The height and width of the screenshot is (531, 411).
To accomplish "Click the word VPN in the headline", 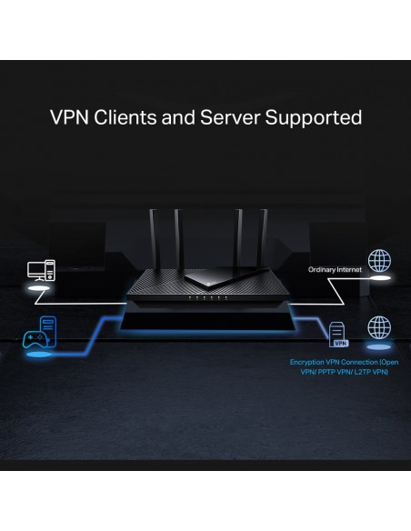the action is (70, 117).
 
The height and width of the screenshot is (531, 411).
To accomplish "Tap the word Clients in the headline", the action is (125, 117).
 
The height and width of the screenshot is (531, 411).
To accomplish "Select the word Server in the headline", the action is (230, 117).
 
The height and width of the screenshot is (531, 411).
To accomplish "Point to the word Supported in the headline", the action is (314, 119).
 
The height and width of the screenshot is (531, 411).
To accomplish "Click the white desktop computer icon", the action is (41, 270).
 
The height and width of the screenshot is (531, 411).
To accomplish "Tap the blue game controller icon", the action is (35, 339).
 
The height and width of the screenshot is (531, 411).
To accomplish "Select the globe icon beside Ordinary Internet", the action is (379, 260).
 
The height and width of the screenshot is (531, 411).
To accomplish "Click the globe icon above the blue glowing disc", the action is (379, 327).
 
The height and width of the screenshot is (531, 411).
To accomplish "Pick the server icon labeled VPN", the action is (338, 335).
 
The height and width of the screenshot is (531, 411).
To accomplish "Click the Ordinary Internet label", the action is (335, 269).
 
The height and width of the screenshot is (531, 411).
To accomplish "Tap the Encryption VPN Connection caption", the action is (344, 367).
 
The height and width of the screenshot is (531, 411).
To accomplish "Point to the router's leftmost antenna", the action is (154, 239).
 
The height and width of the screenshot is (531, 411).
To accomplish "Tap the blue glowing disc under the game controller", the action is (39, 355).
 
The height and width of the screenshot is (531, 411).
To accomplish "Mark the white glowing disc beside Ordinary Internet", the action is (381, 278).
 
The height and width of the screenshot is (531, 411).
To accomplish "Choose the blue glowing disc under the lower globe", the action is (379, 346).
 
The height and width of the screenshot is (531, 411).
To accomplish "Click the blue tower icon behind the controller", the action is (48, 330).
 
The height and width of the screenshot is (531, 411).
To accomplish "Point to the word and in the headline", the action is (178, 117).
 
